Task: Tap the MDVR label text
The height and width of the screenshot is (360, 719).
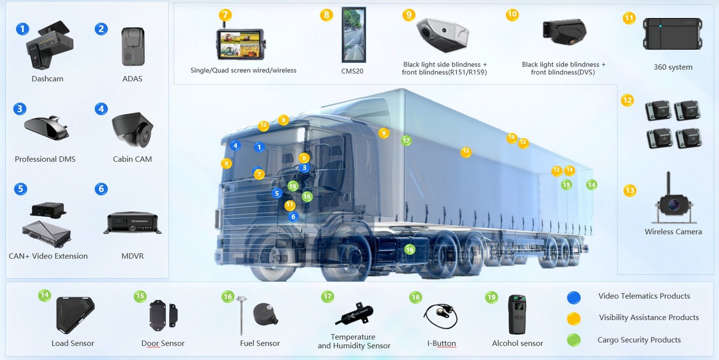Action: pyautogui.click(x=132, y=256)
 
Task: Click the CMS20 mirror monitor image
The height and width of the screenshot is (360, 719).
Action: pyautogui.click(x=353, y=35)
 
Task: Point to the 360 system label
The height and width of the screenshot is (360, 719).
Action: pyautogui.click(x=673, y=67)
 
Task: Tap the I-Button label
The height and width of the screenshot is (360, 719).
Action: pyautogui.click(x=441, y=344)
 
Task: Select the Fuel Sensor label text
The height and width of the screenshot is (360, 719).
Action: pyautogui.click(x=260, y=344)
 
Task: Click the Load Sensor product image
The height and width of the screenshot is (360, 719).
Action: pyautogui.click(x=74, y=315)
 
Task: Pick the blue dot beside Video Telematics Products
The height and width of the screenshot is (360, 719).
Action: pyautogui.click(x=574, y=298)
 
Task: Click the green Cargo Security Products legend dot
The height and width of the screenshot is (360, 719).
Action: pyautogui.click(x=574, y=341)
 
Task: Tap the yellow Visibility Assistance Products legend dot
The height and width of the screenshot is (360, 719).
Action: pyautogui.click(x=574, y=319)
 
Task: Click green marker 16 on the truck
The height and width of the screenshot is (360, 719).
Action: pyautogui.click(x=409, y=249)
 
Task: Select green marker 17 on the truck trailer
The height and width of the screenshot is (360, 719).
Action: pyautogui.click(x=406, y=141)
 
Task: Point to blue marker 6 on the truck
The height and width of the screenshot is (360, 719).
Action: pyautogui.click(x=293, y=217)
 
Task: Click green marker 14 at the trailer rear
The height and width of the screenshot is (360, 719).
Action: pyautogui.click(x=592, y=185)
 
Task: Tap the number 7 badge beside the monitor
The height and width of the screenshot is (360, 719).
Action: pyautogui.click(x=225, y=15)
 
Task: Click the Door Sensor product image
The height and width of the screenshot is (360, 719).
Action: pyautogui.click(x=163, y=315)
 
